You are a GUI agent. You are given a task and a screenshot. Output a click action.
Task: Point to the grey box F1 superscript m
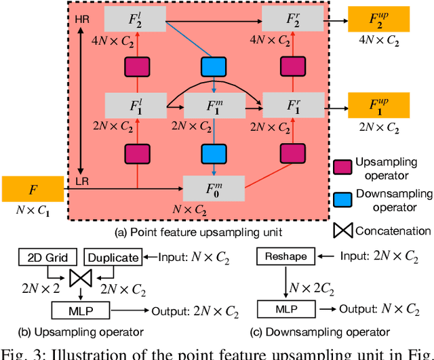tap(214, 106)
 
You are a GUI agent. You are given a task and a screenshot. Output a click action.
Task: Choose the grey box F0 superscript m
tap(214, 185)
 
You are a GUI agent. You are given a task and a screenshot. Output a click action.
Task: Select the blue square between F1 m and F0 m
tap(214, 154)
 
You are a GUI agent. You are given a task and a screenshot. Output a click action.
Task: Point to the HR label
tap(79, 22)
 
